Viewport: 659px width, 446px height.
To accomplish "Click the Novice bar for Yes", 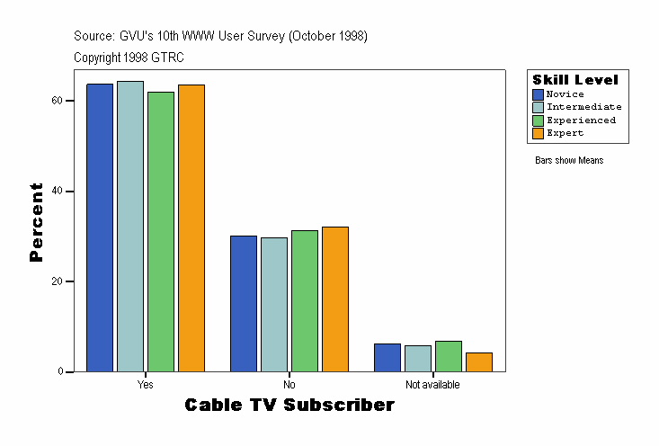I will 100,227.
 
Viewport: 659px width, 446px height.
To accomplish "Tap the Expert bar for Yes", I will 191,227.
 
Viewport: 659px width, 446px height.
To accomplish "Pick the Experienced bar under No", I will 305,300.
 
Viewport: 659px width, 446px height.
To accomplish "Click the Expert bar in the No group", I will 335,299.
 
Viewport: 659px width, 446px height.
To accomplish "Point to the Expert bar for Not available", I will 479,361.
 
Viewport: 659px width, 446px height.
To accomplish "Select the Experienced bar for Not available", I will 449,356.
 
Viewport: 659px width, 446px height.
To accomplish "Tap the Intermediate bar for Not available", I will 418,358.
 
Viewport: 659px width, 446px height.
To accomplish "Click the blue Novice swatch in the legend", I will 539,94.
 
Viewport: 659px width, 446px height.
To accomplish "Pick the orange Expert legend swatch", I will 539,133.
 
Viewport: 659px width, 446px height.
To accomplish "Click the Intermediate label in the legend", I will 583,107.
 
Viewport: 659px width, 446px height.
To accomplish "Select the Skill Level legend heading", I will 575,80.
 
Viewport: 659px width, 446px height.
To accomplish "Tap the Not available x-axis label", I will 432,385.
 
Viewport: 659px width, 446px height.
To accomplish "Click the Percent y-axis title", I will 37,222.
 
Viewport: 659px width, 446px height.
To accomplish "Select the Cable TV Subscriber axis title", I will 289,406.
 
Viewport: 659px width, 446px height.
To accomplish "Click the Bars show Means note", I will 569,161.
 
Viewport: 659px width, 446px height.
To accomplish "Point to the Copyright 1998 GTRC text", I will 129,58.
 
